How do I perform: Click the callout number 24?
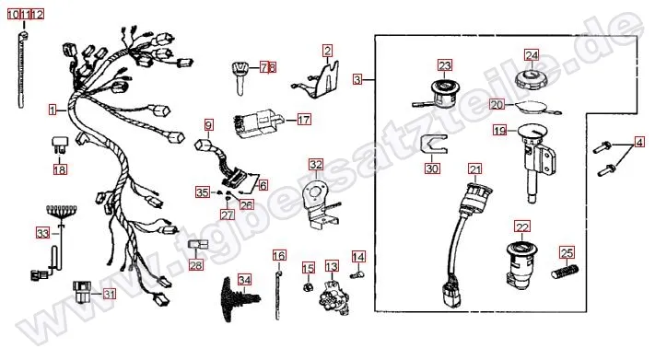click(532, 55)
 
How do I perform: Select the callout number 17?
click(304, 120)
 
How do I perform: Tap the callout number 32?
click(316, 165)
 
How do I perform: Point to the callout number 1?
click(53, 110)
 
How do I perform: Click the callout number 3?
click(357, 79)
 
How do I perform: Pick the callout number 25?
click(567, 252)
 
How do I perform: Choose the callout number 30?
click(432, 168)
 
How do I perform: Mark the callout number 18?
click(60, 169)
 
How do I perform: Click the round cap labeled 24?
click(532, 79)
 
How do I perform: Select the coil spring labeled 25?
click(565, 271)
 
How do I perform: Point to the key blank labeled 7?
click(240, 77)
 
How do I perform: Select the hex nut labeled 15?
click(308, 287)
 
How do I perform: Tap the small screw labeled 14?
click(357, 275)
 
